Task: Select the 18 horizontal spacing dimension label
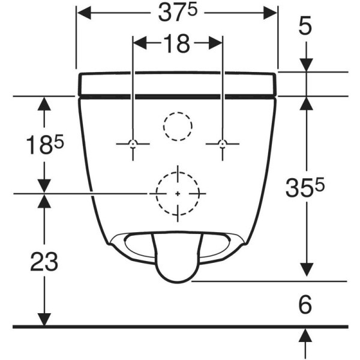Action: (x=177, y=43)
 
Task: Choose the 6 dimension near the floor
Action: (x=305, y=305)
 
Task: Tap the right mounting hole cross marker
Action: (x=223, y=144)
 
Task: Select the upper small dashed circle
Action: (x=178, y=126)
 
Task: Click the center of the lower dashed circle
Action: (x=178, y=193)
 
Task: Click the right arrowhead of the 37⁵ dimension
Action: (x=272, y=13)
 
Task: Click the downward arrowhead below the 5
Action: (x=307, y=65)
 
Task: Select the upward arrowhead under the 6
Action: (x=307, y=334)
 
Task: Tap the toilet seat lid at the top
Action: (x=178, y=83)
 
